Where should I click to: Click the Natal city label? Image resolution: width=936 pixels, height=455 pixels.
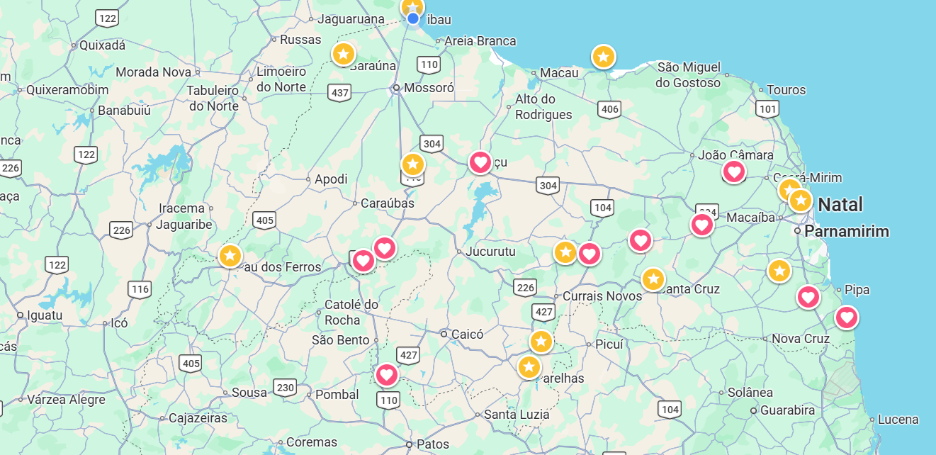840,206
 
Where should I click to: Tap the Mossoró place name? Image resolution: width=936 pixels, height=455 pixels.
428,88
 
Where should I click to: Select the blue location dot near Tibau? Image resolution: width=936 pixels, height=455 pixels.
413,18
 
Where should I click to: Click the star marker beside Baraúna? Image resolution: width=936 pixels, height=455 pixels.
344,54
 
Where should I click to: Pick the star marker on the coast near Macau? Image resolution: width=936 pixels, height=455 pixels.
603,56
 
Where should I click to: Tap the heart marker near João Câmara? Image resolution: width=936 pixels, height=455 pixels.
733,171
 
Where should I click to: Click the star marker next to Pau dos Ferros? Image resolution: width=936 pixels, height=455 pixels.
230,255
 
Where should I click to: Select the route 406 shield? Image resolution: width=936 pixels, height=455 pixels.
609,109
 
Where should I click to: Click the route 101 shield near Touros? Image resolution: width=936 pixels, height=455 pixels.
767,109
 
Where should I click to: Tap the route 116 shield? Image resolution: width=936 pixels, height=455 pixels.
140,288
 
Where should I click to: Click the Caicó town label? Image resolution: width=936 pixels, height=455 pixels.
466,334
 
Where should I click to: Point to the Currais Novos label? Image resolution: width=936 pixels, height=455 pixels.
602,296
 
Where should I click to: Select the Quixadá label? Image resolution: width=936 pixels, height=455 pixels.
102,45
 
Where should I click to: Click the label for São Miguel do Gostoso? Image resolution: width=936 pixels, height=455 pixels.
688,75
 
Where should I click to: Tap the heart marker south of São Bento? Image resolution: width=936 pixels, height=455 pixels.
387,373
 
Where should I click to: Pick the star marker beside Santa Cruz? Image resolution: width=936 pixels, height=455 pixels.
653,279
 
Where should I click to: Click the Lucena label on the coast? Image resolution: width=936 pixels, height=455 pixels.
898,419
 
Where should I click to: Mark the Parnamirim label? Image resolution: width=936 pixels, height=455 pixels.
846,232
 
